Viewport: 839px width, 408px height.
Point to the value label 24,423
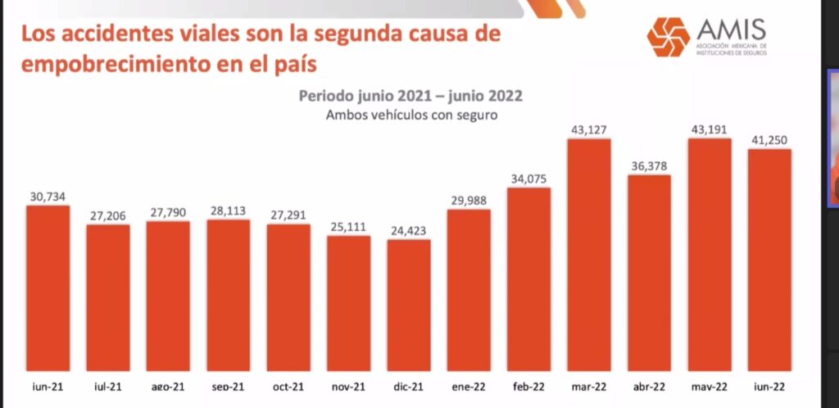[x=408, y=230]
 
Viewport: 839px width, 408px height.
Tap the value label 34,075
[x=528, y=179]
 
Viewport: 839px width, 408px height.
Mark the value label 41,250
[x=769, y=140]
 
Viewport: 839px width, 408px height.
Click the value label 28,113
[x=228, y=211]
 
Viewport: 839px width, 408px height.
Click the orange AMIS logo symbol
[x=668, y=36]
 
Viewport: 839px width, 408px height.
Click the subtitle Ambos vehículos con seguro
[x=411, y=116]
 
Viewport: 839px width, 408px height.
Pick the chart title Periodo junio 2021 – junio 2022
[x=411, y=96]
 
